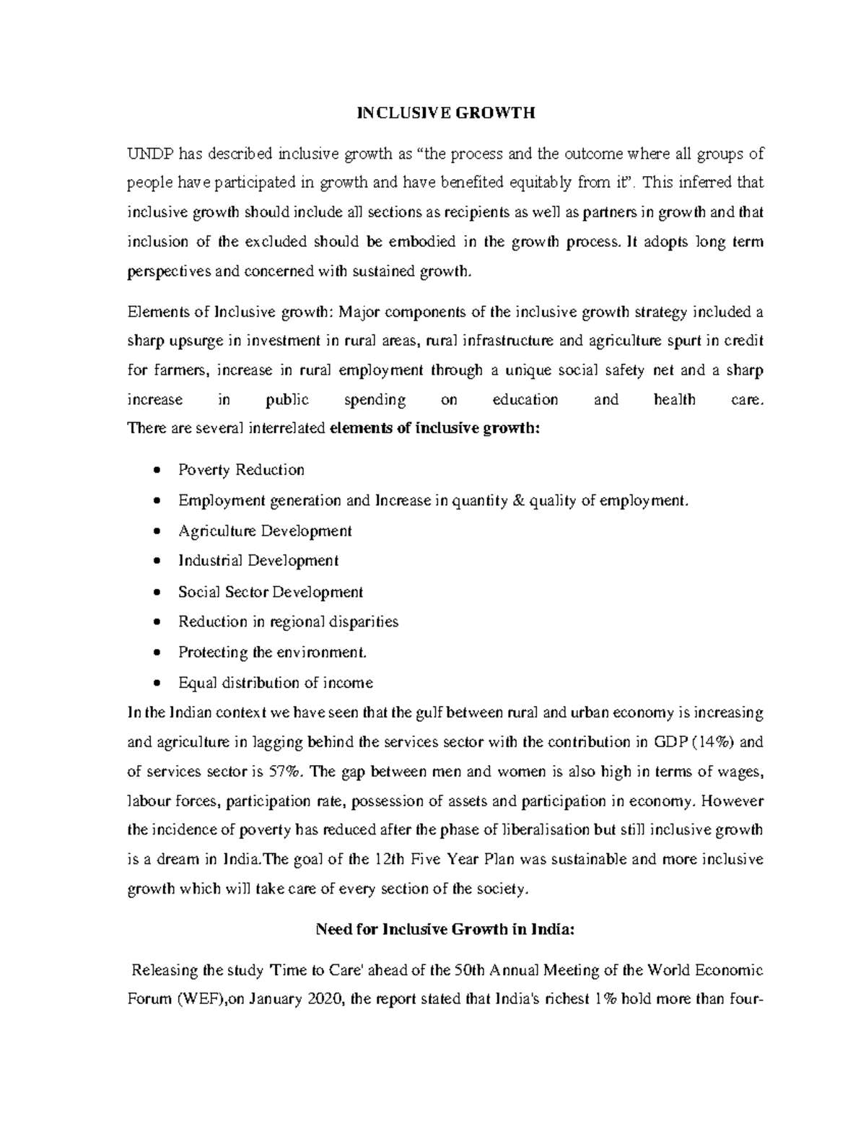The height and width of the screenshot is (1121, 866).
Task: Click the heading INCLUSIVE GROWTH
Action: [x=447, y=113]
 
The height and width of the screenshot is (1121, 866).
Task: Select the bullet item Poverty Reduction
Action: [x=241, y=470]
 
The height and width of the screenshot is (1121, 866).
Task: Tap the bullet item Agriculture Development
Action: [x=265, y=531]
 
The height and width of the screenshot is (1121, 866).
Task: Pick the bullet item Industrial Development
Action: [x=258, y=561]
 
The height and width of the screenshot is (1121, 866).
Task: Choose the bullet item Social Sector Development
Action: [x=271, y=592]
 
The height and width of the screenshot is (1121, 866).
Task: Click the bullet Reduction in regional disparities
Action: [x=288, y=621]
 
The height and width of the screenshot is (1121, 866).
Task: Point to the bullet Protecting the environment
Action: [x=273, y=653]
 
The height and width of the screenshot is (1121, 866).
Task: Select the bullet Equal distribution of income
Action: [x=276, y=683]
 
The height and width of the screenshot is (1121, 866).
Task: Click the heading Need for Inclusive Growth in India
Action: [x=446, y=930]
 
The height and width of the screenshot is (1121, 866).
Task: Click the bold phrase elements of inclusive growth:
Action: [x=434, y=428]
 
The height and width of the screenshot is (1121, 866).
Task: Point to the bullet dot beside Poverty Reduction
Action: [x=157, y=471]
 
